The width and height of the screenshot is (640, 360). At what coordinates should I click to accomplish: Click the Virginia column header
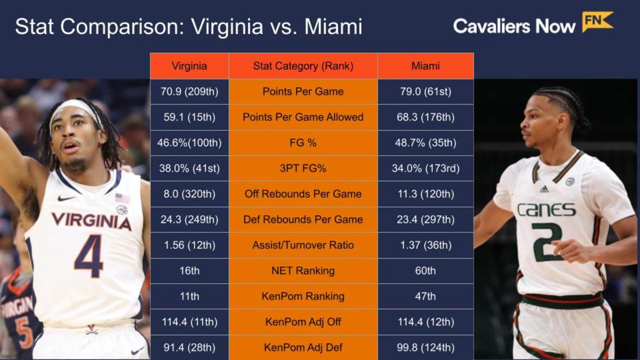tap(189, 66)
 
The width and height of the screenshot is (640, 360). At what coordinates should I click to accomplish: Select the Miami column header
tap(426, 66)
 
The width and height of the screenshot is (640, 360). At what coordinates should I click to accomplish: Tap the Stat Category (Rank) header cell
tap(303, 66)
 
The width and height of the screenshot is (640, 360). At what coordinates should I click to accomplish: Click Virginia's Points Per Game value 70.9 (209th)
tap(189, 92)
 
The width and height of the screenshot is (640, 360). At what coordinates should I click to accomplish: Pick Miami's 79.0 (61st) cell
tap(426, 92)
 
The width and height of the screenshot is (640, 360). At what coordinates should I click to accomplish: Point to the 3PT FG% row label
tap(303, 169)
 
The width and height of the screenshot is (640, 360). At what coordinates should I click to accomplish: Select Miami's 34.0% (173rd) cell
tap(426, 169)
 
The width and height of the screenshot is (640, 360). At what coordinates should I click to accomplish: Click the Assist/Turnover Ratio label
tap(303, 245)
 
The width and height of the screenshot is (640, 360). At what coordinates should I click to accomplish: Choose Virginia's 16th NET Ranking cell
tap(189, 271)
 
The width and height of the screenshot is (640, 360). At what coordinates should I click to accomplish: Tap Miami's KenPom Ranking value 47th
tap(426, 297)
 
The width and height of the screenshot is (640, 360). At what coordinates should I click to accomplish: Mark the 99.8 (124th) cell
tap(426, 348)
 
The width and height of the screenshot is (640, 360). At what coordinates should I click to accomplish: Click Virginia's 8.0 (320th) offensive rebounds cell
tap(189, 194)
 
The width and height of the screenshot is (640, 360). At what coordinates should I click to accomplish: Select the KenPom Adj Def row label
tap(303, 348)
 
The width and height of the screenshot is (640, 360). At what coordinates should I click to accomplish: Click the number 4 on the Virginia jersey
tap(89, 256)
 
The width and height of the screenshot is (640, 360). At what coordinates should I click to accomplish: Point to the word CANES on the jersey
tap(547, 209)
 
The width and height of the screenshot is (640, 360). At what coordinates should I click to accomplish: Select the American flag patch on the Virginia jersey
tap(122, 198)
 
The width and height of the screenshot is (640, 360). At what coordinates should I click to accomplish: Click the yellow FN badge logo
tap(597, 22)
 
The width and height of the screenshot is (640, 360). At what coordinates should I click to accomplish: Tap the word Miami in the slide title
tap(333, 27)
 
